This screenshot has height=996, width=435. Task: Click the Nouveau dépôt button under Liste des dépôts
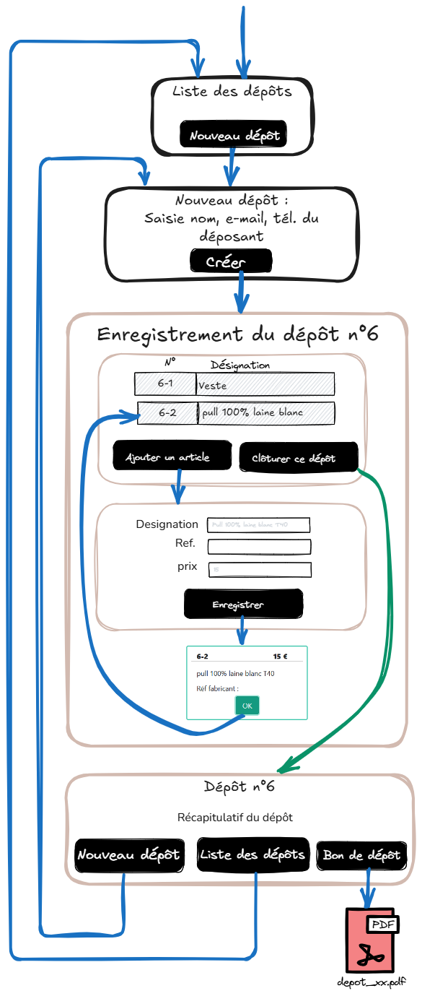(x=234, y=135)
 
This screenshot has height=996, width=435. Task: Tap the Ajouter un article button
(x=168, y=457)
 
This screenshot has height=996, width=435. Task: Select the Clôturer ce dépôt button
(x=298, y=458)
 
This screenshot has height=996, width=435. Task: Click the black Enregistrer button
(x=243, y=605)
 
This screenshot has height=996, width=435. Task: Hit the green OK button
(x=247, y=705)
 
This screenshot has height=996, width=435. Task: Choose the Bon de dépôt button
(x=361, y=855)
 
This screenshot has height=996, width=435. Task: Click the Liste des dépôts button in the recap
(x=252, y=854)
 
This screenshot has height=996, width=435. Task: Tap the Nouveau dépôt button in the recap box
(x=128, y=854)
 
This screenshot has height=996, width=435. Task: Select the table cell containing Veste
(x=265, y=385)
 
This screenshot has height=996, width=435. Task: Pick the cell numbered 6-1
(x=165, y=384)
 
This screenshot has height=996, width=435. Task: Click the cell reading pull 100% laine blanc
(x=266, y=412)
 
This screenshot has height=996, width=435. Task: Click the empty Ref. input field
(x=259, y=547)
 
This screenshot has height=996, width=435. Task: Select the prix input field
(x=260, y=570)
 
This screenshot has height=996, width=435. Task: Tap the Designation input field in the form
(x=258, y=524)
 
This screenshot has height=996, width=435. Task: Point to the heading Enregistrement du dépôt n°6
(x=237, y=335)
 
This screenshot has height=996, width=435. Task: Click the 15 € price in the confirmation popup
(x=281, y=657)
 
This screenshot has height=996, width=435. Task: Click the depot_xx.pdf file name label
(x=372, y=982)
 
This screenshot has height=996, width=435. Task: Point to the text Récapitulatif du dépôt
(x=235, y=818)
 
